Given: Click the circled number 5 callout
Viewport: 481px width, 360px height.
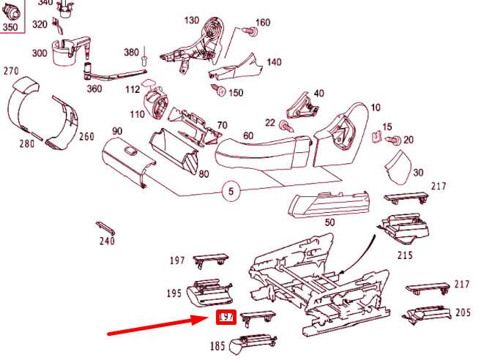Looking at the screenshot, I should [x=231, y=193].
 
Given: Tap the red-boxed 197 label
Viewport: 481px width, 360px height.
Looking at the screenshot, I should [x=224, y=318].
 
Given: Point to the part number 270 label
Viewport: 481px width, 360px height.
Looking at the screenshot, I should [x=11, y=71].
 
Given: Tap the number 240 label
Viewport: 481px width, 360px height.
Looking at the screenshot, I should [x=107, y=241].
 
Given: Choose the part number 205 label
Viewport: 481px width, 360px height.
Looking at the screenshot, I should [x=463, y=312].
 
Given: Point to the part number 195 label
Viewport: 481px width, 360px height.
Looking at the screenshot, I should [x=174, y=293].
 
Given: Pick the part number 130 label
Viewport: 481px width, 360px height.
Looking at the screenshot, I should [x=192, y=20].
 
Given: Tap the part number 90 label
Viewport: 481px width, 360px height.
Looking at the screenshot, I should [x=116, y=131].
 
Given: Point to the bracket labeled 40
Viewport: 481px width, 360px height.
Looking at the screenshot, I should [x=301, y=106].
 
